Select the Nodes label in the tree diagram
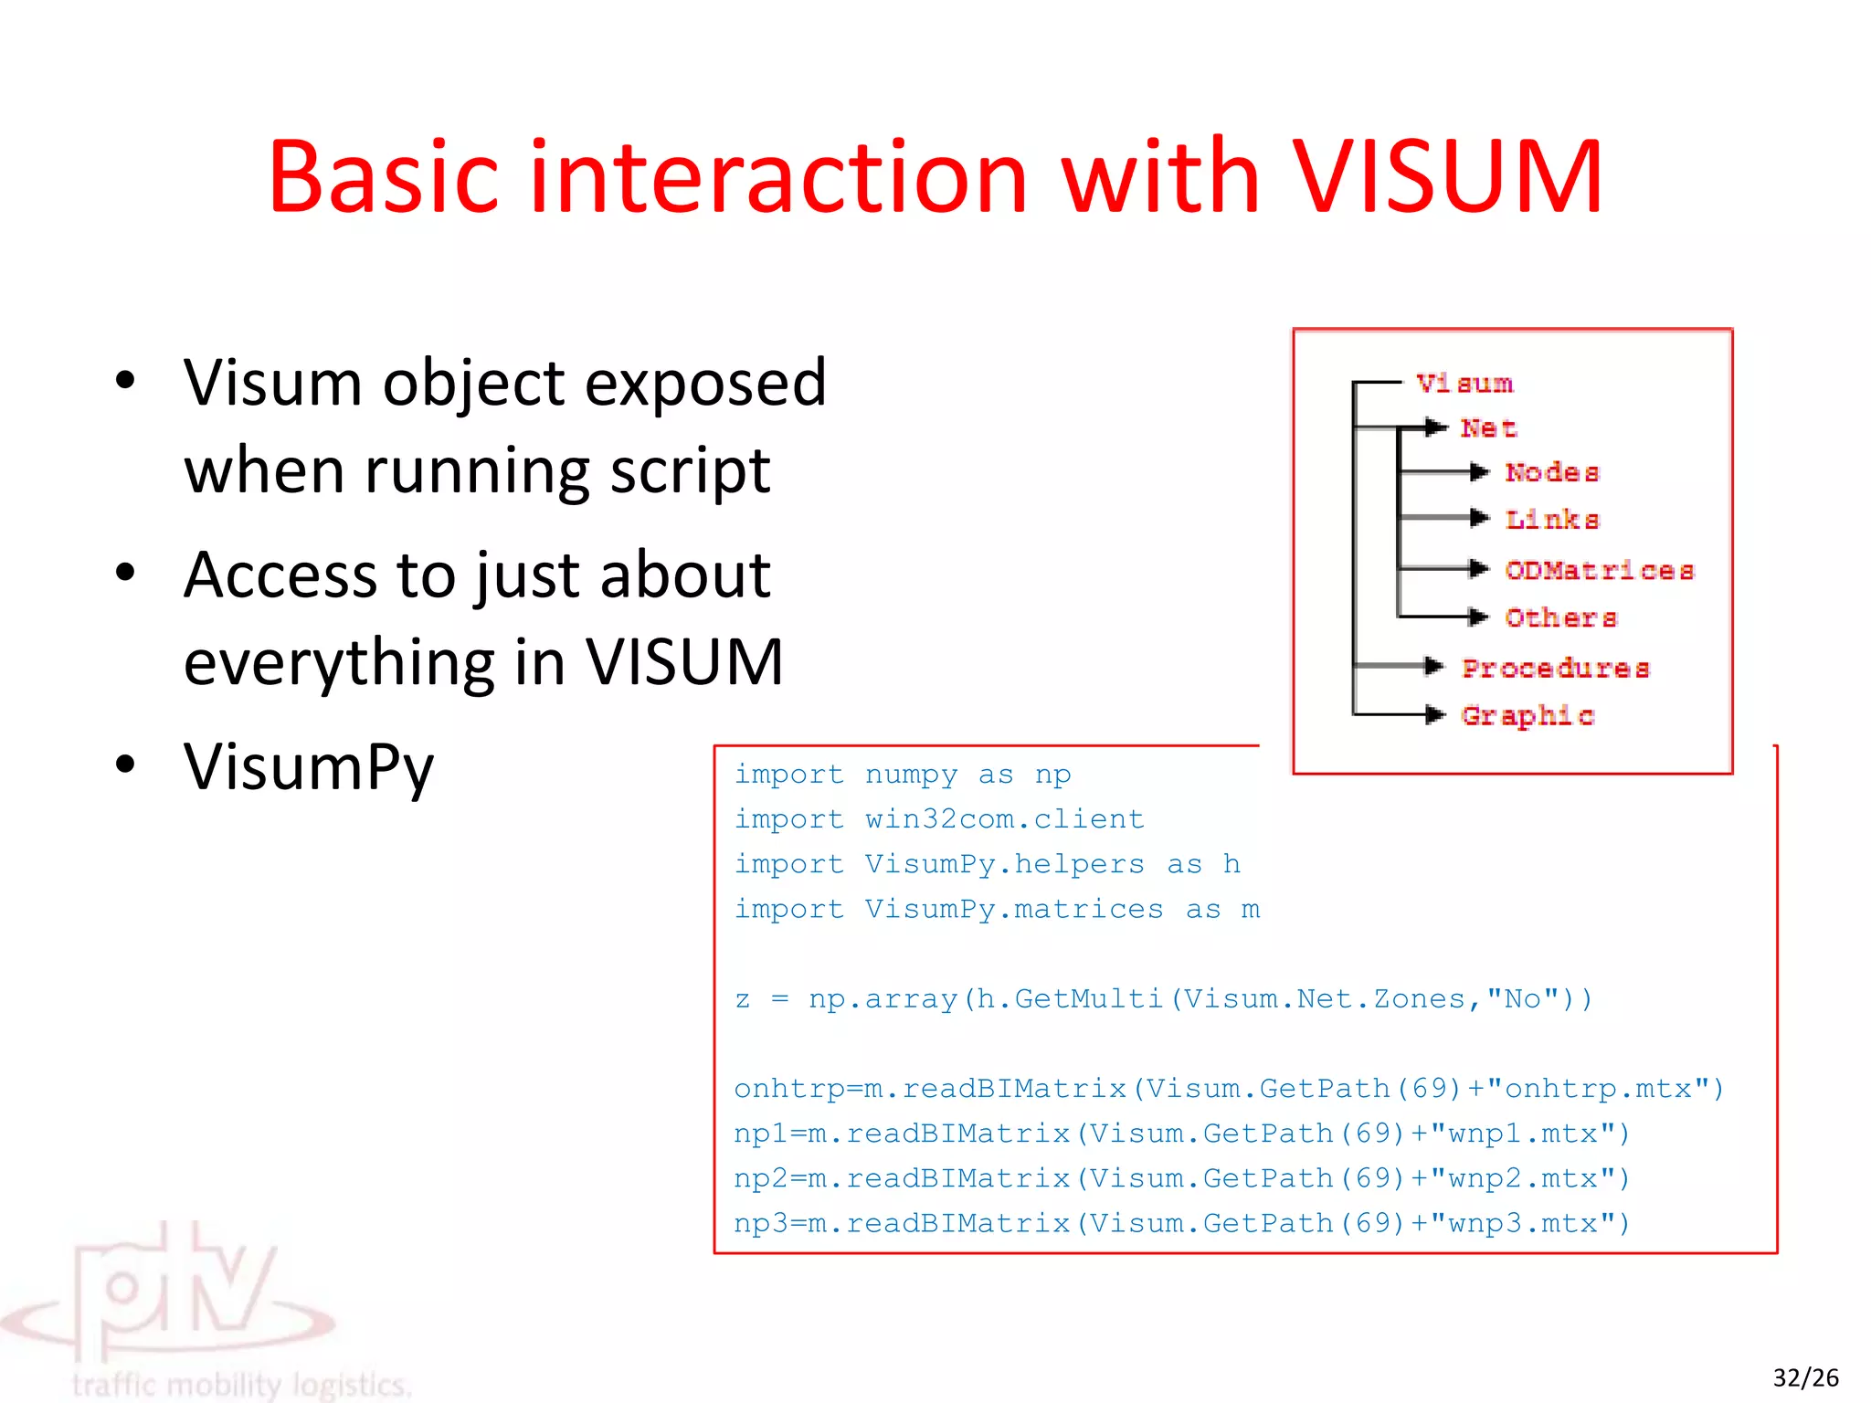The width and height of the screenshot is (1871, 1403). click(x=1552, y=472)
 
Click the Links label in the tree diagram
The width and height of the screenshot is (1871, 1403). click(x=1552, y=520)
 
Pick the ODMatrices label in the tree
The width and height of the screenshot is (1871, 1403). click(x=1600, y=571)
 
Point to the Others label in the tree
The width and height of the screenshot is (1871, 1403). click(x=1561, y=618)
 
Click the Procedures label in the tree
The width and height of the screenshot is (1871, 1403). click(x=1556, y=668)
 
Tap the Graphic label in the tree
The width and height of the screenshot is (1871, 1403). click(x=1527, y=715)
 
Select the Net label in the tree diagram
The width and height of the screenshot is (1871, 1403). click(x=1488, y=427)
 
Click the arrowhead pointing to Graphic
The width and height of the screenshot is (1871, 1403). click(x=1435, y=714)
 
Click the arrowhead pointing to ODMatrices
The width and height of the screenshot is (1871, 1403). click(x=1479, y=569)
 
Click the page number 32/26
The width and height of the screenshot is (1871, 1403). click(x=1805, y=1377)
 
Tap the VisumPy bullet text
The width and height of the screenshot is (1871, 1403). click(x=309, y=766)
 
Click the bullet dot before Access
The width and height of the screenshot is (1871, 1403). click(x=125, y=573)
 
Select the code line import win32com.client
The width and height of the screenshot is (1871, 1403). click(x=938, y=818)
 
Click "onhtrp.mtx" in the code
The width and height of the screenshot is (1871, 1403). click(x=1606, y=1088)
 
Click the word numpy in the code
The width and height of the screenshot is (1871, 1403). click(x=911, y=774)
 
